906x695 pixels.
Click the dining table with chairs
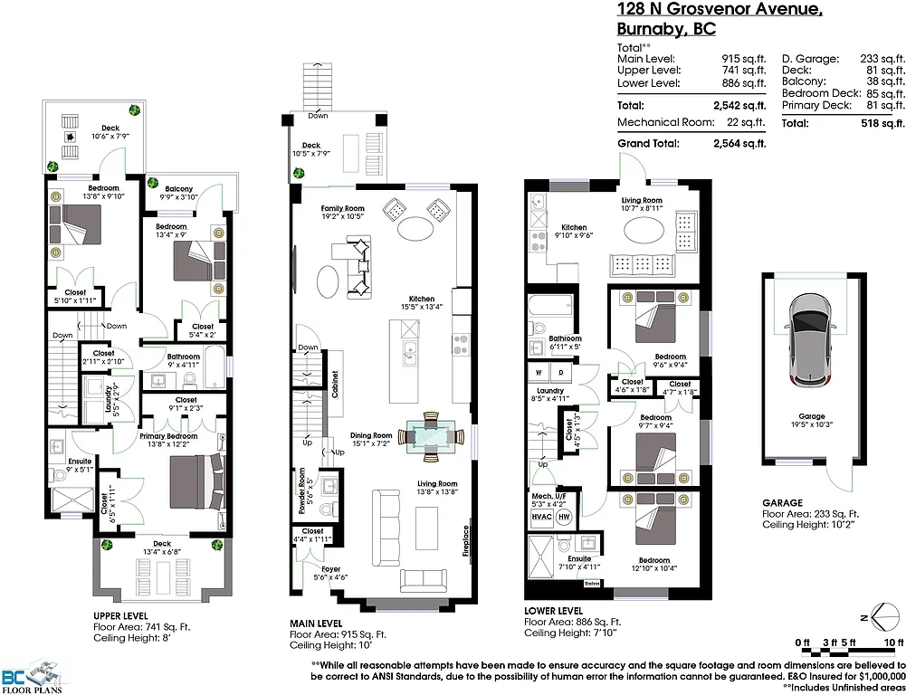(x=428, y=434)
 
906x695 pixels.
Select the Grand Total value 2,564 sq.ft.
(x=739, y=143)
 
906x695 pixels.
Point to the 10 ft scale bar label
(x=893, y=643)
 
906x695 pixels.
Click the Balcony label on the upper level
(x=179, y=189)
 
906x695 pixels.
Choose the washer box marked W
(x=539, y=372)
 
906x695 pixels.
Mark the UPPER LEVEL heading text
(x=121, y=615)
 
